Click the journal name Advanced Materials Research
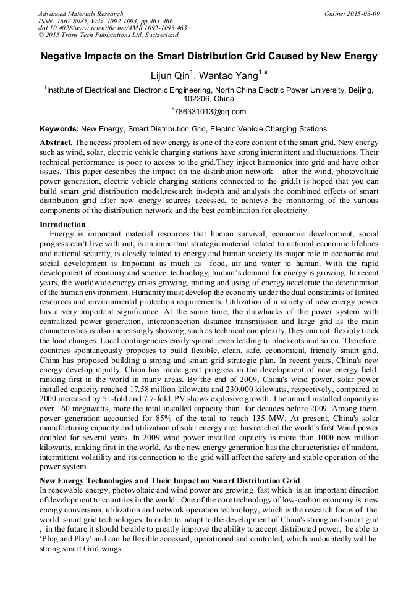[80, 14]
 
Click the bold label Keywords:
[59, 129]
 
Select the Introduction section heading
[62, 224]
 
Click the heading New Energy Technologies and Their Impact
[170, 480]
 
